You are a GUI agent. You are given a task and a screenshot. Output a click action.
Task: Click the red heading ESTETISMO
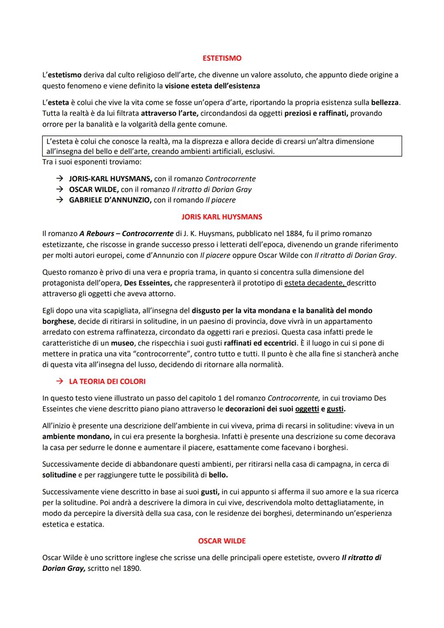point(222,58)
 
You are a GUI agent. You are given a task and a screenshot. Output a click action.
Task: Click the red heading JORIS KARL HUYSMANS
point(222,217)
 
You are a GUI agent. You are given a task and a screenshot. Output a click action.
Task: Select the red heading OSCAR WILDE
point(222,541)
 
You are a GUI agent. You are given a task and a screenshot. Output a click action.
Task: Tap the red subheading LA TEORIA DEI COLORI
point(107,381)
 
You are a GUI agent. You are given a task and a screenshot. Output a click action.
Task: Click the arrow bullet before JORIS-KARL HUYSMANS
point(60,179)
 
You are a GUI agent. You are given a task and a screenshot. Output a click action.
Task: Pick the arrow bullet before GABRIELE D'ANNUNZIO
point(60,200)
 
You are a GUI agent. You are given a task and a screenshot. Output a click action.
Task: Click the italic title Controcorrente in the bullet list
point(230,179)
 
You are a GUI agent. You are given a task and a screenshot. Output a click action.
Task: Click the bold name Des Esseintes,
point(149,283)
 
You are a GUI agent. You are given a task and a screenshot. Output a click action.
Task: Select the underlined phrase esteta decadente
point(314,283)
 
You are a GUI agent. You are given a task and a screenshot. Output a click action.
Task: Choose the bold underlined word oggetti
point(307,409)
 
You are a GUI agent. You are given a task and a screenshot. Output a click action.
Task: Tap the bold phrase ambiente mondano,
point(77,436)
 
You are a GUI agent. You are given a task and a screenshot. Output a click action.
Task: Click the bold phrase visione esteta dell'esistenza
point(212,86)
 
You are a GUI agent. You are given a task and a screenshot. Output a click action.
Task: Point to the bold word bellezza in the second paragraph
point(384,102)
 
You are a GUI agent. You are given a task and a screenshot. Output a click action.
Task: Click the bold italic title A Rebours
point(97,234)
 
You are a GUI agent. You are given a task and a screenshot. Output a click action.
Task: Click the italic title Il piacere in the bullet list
point(220,200)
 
